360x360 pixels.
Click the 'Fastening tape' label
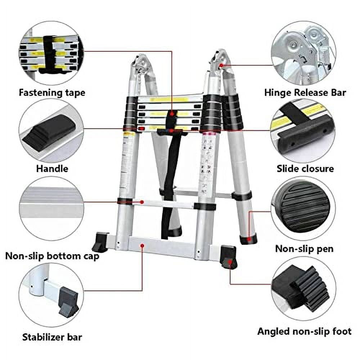click(52, 93)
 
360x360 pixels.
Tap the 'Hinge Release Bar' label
click(305, 93)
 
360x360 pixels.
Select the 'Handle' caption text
click(52, 168)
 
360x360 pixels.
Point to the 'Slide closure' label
click(305, 168)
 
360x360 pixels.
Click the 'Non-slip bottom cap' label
click(52, 256)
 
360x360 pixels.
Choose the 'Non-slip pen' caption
click(304, 248)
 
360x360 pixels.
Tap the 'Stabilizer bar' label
click(52, 337)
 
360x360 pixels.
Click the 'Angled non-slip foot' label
click(304, 331)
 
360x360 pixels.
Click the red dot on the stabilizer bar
click(143, 246)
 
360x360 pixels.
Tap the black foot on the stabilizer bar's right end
click(229, 257)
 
